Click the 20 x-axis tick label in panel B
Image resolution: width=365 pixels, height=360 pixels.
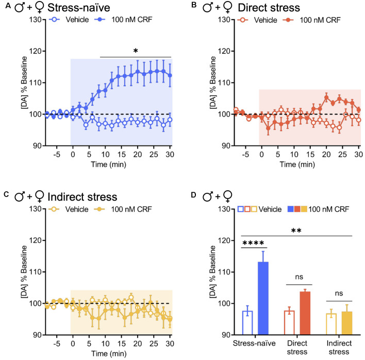(x=326, y=154)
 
